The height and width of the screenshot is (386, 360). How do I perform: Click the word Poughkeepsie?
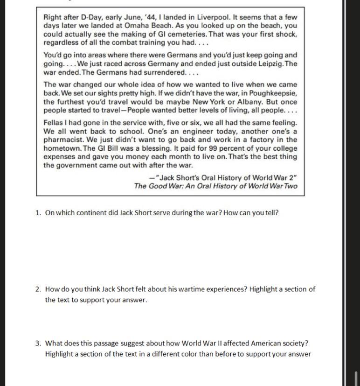(x=273, y=93)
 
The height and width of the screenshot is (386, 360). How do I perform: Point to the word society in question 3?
(x=293, y=343)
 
